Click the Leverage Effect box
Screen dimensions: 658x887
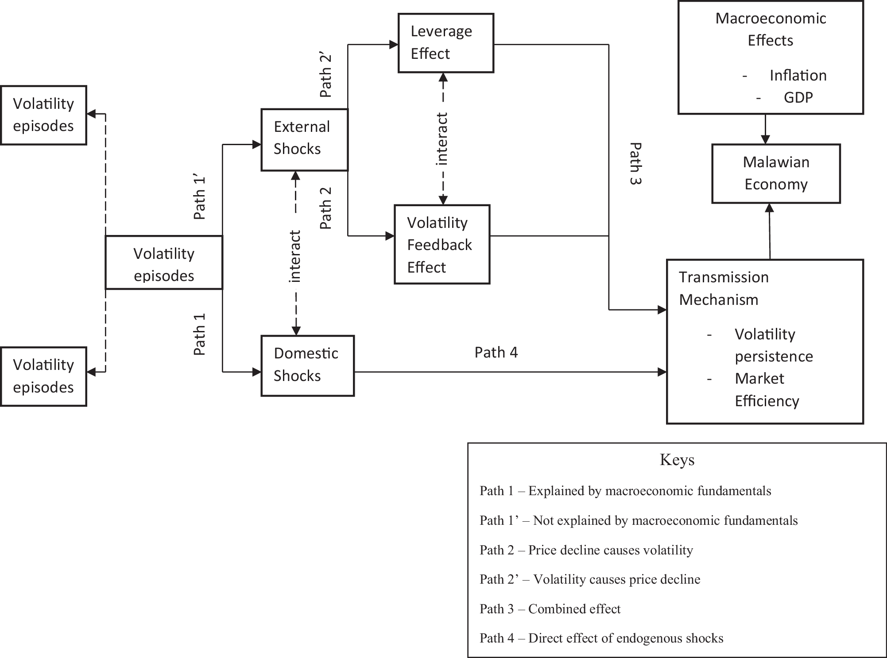tap(445, 43)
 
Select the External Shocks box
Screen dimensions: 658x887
tap(305, 139)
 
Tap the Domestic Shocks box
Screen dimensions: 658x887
tap(307, 366)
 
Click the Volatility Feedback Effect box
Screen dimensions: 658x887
tap(442, 244)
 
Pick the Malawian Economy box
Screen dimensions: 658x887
tap(776, 173)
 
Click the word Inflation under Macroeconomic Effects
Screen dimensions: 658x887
tap(798, 76)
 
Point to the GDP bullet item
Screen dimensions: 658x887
tap(798, 97)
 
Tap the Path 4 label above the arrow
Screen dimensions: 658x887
tap(496, 352)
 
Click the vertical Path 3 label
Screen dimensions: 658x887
tap(635, 163)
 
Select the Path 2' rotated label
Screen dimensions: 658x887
tap(326, 76)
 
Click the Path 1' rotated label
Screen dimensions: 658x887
tap(200, 198)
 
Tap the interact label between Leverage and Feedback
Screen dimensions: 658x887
tap(442, 139)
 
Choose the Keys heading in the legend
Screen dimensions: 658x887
tap(677, 460)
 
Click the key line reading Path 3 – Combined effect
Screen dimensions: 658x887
tap(550, 609)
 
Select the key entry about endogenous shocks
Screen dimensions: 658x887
tap(601, 638)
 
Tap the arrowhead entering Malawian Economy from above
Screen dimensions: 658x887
tap(765, 139)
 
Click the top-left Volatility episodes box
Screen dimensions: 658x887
tap(43, 115)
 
